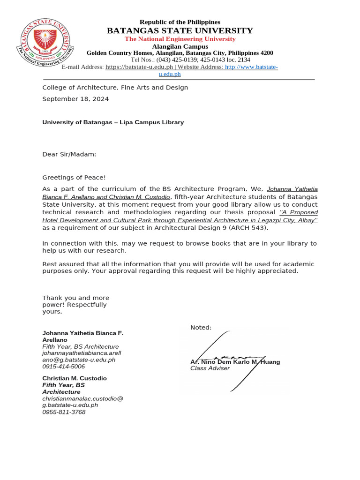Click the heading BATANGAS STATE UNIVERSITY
(x=180, y=31)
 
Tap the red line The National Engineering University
(x=180, y=39)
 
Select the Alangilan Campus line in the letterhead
(x=180, y=46)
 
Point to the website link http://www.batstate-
(x=252, y=67)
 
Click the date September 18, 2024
(x=75, y=99)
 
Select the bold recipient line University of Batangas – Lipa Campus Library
(x=113, y=122)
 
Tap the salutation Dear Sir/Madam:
(x=69, y=154)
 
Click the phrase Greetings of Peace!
(x=74, y=177)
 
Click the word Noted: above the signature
(x=201, y=327)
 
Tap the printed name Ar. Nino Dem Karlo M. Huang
(x=235, y=362)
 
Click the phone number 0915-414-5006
(x=64, y=367)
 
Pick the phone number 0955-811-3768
(x=64, y=412)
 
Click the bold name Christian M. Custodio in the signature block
(x=75, y=378)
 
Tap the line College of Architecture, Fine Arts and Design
(x=115, y=88)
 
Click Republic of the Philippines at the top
(x=180, y=22)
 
